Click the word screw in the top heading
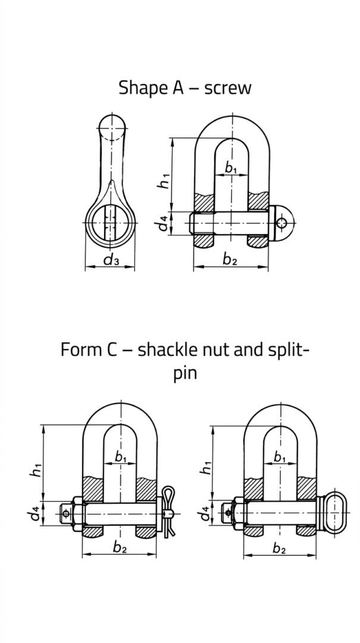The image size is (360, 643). [x=227, y=88]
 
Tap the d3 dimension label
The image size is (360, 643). [x=111, y=260]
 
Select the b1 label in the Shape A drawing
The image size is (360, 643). [x=231, y=168]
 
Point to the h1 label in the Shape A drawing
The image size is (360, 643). [x=164, y=180]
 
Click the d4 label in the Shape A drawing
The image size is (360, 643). [x=164, y=223]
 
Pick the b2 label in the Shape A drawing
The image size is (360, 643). [x=230, y=259]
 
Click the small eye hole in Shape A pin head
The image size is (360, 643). [x=281, y=223]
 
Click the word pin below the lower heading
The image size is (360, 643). [x=185, y=374]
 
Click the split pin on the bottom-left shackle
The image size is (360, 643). [x=168, y=511]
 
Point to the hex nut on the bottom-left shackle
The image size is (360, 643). [x=77, y=514]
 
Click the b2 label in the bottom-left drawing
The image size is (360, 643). [x=120, y=548]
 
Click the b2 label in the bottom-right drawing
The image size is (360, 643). [x=279, y=548]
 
